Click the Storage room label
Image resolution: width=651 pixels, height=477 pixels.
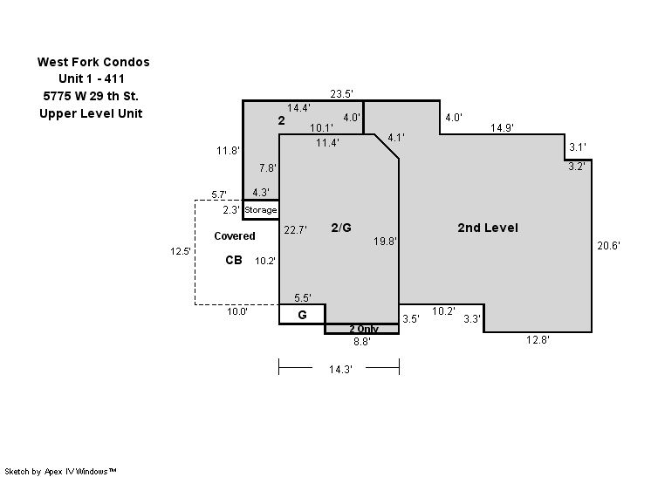pos(260,210)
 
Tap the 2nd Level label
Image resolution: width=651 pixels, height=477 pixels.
pos(488,228)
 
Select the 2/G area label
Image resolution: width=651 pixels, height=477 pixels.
pos(341,228)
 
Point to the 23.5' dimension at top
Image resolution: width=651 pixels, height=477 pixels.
pos(342,93)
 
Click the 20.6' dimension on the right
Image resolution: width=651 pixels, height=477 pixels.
pos(608,246)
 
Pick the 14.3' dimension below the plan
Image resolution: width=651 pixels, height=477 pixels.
pos(340,369)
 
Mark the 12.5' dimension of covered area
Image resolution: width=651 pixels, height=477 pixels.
pos(181,251)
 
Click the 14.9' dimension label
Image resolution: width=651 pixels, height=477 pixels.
pos(502,128)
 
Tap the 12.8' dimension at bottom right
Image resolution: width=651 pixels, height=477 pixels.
pos(538,340)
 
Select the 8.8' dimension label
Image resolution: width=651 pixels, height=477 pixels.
pos(362,341)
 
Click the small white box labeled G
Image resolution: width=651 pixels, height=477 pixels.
pos(302,315)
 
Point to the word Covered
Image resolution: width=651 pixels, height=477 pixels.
pos(235,236)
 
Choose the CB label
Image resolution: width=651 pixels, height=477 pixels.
pos(234,260)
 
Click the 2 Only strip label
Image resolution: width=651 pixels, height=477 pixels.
pos(364,329)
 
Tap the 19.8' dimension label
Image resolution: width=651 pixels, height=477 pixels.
pos(386,241)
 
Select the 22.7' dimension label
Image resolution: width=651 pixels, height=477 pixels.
pos(296,229)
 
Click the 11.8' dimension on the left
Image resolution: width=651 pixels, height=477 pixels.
pos(228,150)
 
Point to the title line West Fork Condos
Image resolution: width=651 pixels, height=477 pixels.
pos(93,62)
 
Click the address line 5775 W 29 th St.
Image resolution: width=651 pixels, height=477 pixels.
pos(91,96)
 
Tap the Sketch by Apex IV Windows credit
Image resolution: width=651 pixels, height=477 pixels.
pos(60,471)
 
